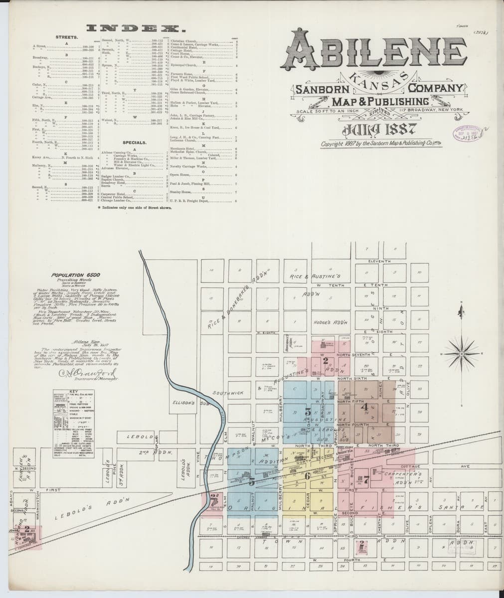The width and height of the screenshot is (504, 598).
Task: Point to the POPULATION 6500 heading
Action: click(77, 275)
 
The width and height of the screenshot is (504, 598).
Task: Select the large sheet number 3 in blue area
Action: click(308, 412)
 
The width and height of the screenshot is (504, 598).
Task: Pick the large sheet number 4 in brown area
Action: click(363, 406)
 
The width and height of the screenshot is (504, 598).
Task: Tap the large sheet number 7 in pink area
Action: click(366, 480)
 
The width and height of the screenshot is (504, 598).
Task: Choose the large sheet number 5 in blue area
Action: click(252, 481)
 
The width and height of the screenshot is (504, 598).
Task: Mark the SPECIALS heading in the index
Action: click(134, 143)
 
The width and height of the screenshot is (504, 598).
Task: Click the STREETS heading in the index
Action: click(66, 37)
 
